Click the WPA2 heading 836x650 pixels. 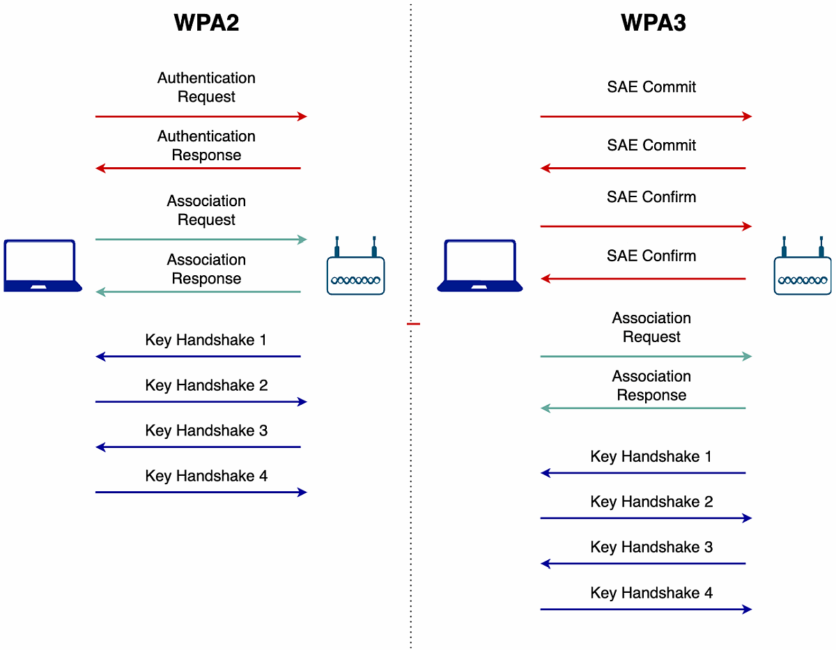click(x=206, y=22)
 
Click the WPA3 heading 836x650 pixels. click(x=653, y=22)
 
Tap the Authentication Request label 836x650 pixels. click(x=206, y=87)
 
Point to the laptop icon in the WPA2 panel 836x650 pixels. click(x=42, y=265)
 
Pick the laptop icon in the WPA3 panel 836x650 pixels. click(x=479, y=265)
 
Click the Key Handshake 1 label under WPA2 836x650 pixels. click(x=206, y=340)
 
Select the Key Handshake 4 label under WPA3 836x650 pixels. click(x=651, y=593)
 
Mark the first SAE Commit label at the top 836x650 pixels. click(x=651, y=87)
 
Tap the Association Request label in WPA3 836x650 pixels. click(x=651, y=327)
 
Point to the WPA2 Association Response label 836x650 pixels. click(x=206, y=269)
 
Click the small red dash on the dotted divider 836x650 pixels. click(x=414, y=324)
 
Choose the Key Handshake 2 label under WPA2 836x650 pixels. click(x=206, y=385)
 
